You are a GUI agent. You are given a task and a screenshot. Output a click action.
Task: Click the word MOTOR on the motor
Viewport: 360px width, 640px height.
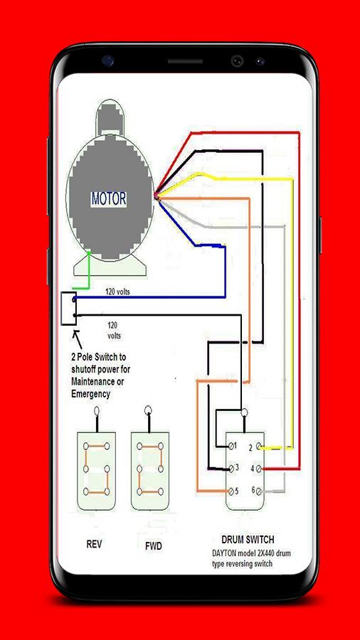pyautogui.click(x=109, y=199)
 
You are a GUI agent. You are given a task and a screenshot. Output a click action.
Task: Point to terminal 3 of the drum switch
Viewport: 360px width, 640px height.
pyautogui.click(x=232, y=469)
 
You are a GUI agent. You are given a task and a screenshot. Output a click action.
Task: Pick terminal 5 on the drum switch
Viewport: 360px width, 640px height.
pyautogui.click(x=233, y=491)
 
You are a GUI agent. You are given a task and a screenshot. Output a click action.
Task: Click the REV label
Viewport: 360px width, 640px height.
pyautogui.click(x=94, y=544)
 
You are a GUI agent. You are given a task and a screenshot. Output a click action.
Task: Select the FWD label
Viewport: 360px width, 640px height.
pyautogui.click(x=154, y=546)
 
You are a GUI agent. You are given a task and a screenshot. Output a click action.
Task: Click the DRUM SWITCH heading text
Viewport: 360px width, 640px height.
pyautogui.click(x=248, y=540)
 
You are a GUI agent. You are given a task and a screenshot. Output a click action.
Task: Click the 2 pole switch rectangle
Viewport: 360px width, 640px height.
pyautogui.click(x=68, y=309)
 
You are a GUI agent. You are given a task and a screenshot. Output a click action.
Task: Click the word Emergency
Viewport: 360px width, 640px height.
pyautogui.click(x=90, y=395)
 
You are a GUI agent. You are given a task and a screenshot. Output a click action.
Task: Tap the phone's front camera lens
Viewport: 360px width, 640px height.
pyautogui.click(x=237, y=61)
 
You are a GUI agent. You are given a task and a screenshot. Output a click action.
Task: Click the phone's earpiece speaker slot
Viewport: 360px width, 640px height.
pyautogui.click(x=185, y=61)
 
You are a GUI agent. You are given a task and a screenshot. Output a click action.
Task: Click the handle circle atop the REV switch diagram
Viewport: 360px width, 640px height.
pyautogui.click(x=97, y=410)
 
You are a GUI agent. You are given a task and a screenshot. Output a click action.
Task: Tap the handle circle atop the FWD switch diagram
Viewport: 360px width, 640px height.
pyautogui.click(x=148, y=410)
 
